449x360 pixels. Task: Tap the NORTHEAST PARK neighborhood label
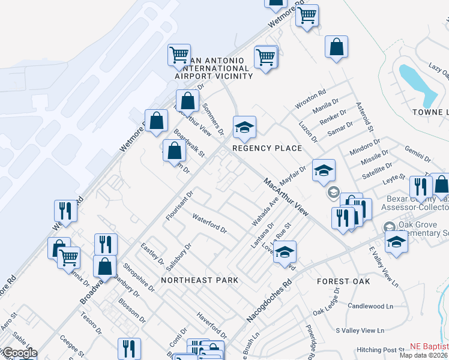pos(199,280)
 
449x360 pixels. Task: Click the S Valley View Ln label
pos(360,331)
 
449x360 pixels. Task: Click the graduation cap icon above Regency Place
pos(244,127)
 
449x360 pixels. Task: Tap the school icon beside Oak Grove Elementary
pos(396,242)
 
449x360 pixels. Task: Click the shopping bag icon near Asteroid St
pos(336,47)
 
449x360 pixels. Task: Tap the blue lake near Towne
pos(418,83)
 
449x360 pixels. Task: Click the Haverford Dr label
pos(212,325)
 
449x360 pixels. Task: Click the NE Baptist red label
pos(429,346)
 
